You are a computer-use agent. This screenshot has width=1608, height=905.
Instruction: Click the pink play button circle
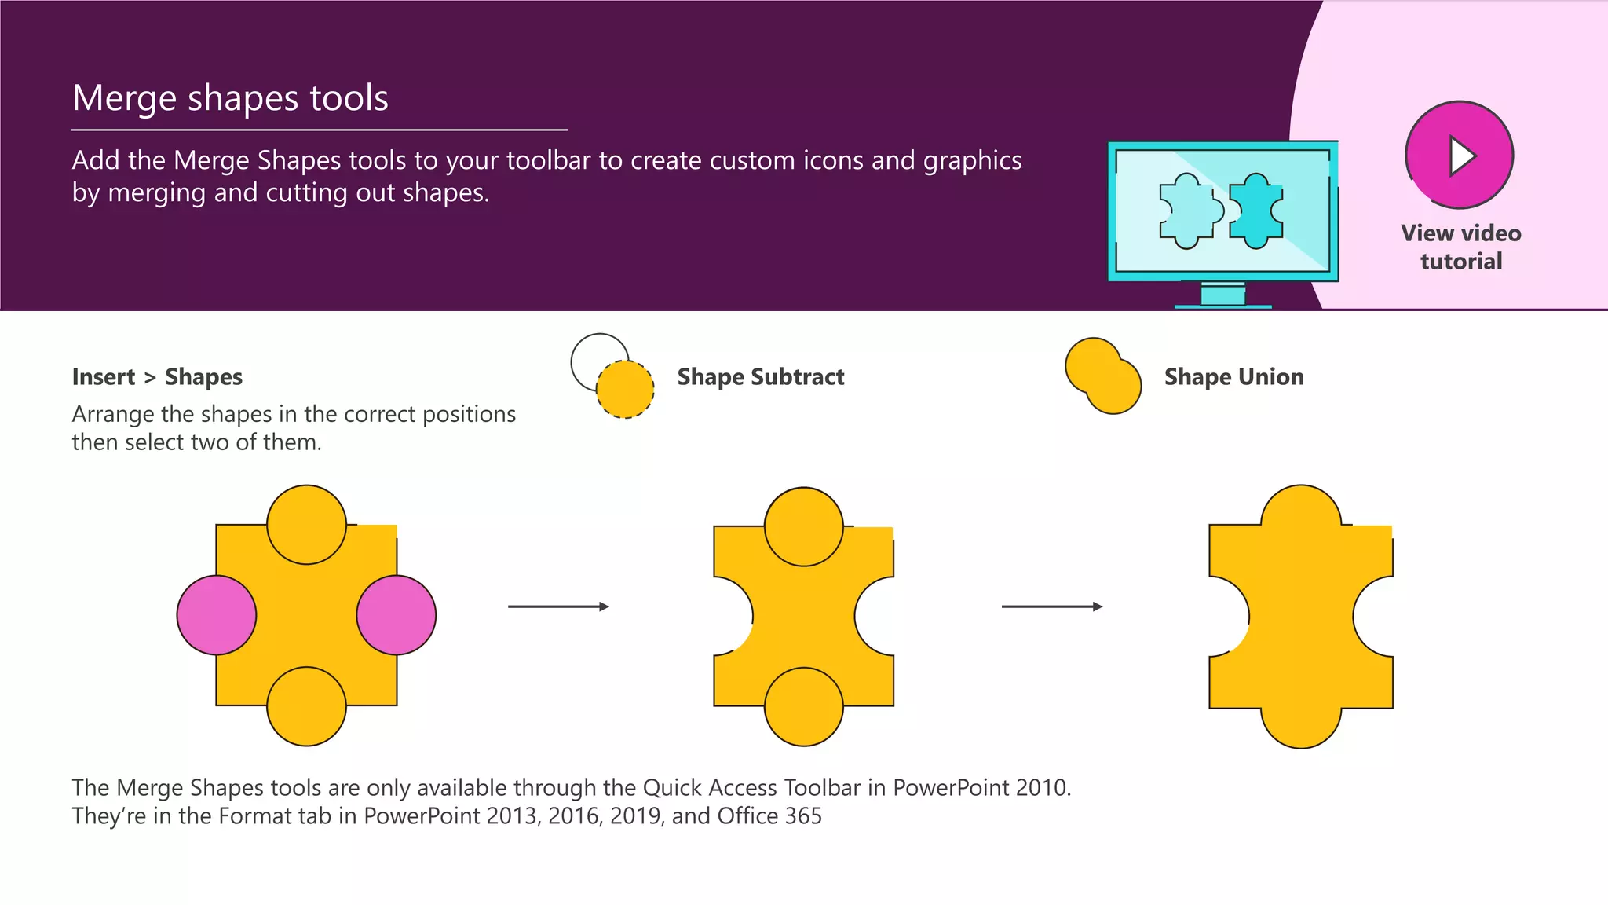1459,155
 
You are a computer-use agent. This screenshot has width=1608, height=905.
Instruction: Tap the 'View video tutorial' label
1460,247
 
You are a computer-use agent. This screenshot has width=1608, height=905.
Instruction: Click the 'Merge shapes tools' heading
230,98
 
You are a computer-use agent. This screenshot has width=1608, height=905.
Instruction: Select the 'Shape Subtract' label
760,377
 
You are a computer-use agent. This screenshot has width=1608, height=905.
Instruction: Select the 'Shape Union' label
1233,377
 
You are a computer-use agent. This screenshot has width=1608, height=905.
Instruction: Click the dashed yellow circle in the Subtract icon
625,390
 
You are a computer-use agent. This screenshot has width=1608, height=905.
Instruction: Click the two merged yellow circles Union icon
1102,376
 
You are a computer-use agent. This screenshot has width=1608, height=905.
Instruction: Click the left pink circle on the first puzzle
217,615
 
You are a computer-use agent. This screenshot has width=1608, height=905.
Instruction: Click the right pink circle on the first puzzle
397,615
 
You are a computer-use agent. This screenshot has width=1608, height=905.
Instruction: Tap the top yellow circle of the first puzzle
306,524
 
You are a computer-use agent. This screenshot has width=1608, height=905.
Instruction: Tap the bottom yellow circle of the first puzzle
306,706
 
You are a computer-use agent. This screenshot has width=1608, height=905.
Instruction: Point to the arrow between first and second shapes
558,606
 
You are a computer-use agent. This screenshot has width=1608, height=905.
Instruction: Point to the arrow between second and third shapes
1051,606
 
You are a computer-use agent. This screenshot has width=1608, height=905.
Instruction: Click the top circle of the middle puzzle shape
803,526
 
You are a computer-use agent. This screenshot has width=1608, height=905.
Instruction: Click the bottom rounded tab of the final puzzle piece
1301,727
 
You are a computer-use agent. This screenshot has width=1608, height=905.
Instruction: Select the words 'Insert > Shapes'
157,377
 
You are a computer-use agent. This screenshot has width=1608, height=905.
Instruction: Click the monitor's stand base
1222,306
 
